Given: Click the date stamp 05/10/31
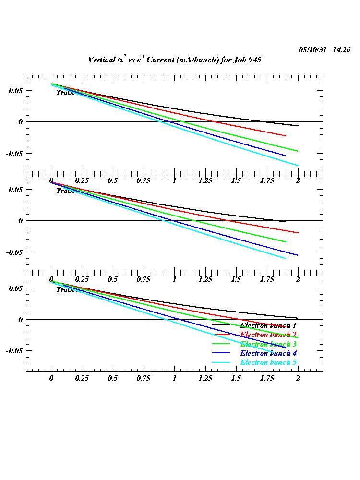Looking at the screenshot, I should coord(312,50).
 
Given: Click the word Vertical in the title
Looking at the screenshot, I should coord(101,60).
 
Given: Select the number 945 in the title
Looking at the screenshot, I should coord(254,60).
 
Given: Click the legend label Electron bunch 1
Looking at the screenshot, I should coord(268,325).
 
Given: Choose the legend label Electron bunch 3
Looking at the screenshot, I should coord(268,344).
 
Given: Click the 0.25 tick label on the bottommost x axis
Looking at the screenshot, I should coord(82,378).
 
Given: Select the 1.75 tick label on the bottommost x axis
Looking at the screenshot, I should coord(267,378).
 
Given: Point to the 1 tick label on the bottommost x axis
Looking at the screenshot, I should coord(175,378).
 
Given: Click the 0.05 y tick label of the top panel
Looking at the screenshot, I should coord(14,90).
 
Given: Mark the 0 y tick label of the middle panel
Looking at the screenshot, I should coord(21,221).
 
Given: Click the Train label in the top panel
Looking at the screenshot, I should coord(64,93).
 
